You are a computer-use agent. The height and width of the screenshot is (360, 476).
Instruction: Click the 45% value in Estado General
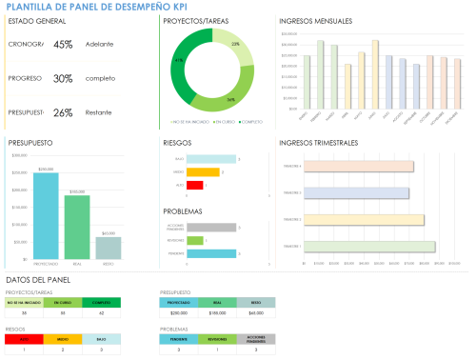(63, 44)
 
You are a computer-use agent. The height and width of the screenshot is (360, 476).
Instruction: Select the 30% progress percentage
(63, 78)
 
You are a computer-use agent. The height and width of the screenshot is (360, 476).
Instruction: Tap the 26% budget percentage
(63, 112)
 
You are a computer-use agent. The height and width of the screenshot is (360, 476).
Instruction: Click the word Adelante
(98, 44)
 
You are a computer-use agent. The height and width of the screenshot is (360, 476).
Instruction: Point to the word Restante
(99, 112)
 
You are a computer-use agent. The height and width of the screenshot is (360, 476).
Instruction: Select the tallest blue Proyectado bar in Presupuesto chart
(46, 217)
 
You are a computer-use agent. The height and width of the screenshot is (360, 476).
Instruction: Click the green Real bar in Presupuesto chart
(77, 229)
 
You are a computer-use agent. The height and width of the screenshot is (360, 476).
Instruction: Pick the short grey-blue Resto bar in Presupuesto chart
(109, 249)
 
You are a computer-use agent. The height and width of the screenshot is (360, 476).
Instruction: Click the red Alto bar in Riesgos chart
(195, 185)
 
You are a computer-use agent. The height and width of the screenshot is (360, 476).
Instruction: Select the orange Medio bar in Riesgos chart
(203, 172)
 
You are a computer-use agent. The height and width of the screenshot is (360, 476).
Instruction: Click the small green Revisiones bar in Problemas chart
(195, 240)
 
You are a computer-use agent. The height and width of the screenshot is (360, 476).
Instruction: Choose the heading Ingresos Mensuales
(315, 20)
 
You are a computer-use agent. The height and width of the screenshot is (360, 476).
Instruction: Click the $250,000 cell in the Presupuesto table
(178, 311)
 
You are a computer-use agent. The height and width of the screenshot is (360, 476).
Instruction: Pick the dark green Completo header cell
(102, 302)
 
